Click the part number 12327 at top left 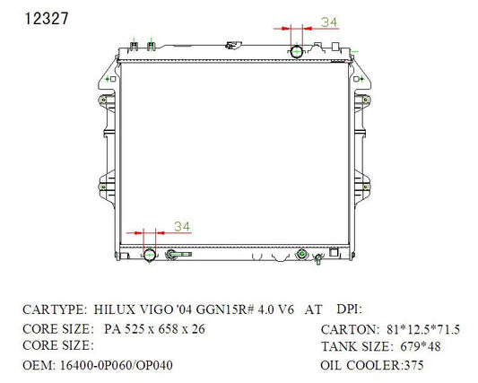[x=47, y=19]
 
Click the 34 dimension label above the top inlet [x=329, y=22]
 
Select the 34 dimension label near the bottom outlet [x=182, y=227]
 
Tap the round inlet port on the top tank [x=296, y=51]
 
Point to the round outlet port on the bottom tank [x=150, y=255]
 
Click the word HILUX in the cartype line [x=114, y=309]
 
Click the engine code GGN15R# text [x=225, y=309]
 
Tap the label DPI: [x=349, y=309]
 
